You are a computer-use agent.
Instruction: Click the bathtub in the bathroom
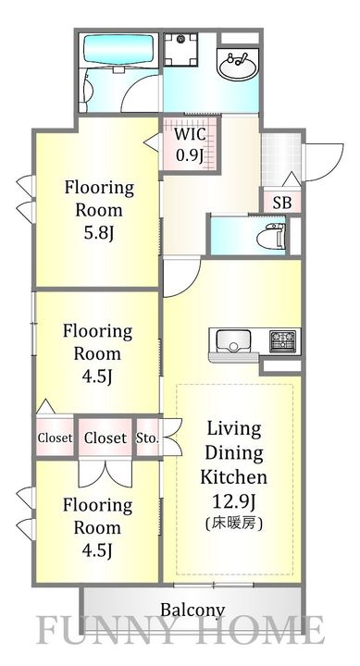(118, 49)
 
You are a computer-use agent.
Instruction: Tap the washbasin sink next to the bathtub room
(238, 63)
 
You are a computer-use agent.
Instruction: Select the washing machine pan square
(181, 49)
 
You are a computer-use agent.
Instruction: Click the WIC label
(190, 134)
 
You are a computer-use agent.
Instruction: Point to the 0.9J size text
(189, 155)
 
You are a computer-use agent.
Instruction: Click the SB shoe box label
(282, 203)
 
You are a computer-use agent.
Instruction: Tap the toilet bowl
(271, 236)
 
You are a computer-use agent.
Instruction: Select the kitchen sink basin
(233, 340)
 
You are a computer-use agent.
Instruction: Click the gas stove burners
(282, 340)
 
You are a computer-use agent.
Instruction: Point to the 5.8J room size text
(99, 234)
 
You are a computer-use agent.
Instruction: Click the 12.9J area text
(234, 502)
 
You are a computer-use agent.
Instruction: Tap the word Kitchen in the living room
(234, 477)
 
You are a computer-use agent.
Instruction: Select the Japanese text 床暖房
(234, 524)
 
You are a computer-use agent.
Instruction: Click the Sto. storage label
(147, 438)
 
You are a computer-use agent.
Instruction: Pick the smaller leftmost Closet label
(55, 438)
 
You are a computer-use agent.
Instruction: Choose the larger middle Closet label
(106, 438)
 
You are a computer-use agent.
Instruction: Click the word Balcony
(192, 610)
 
